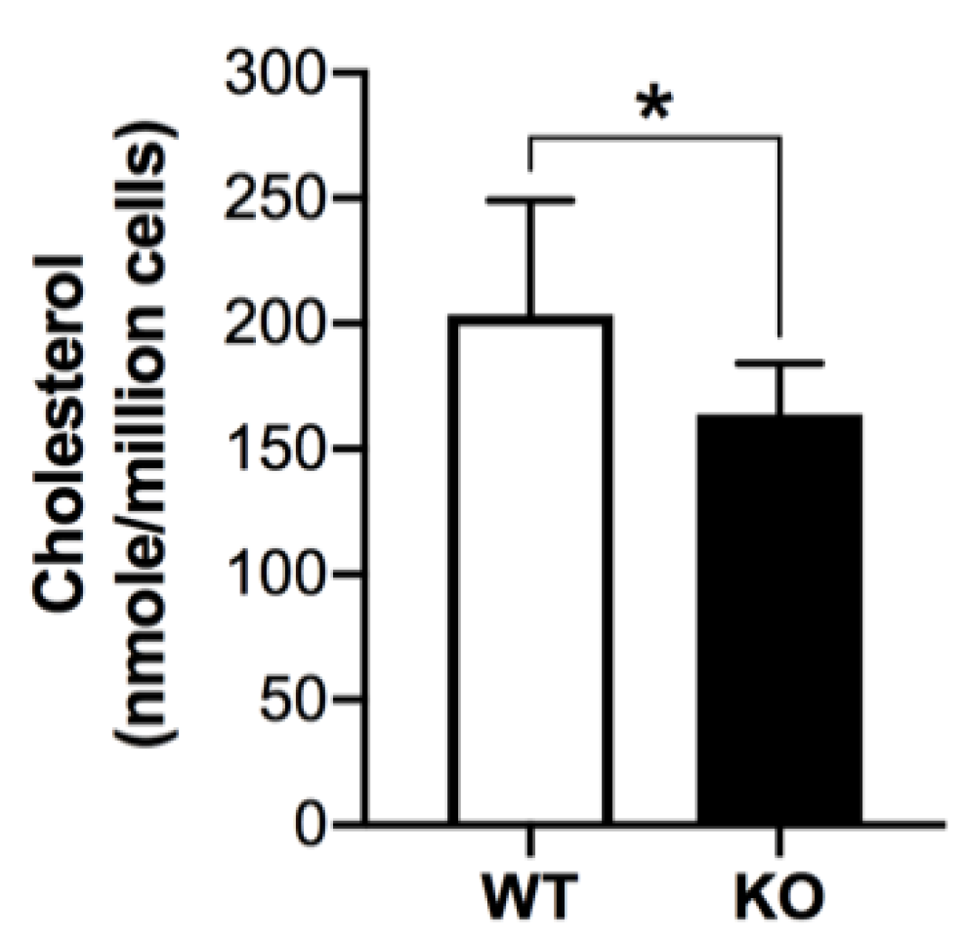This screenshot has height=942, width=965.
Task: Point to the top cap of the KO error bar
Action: (779, 363)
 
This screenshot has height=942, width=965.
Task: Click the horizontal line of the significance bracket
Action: (653, 138)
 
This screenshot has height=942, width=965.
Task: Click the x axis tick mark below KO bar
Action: (779, 840)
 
